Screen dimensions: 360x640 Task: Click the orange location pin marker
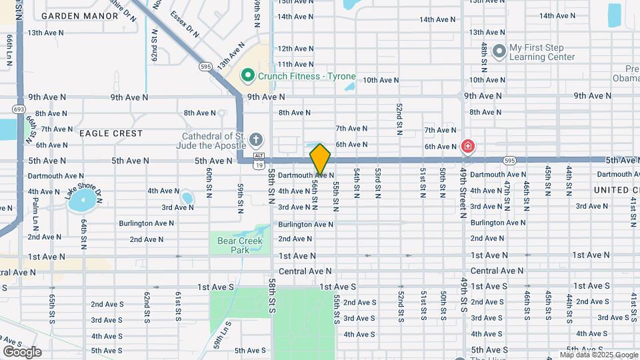321,159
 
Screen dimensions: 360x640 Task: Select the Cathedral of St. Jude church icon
257,140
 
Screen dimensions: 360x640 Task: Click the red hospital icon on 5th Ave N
468,146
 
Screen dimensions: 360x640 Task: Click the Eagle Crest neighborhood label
111,133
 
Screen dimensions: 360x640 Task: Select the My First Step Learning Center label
541,52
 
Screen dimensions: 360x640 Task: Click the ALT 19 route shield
259,159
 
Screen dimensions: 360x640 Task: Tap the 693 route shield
19,109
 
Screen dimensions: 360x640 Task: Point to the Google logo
21,352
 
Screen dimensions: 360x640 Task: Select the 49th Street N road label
461,192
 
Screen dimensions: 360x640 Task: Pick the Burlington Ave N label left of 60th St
146,223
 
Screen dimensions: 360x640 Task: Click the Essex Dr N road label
184,23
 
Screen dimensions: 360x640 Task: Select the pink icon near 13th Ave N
477,33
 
